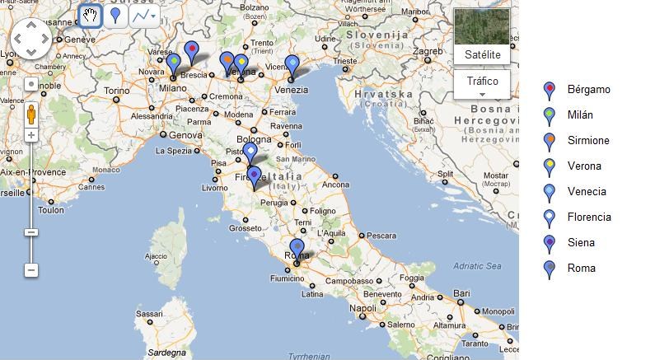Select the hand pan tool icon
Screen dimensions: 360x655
(x=91, y=15)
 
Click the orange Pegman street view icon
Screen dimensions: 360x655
(x=31, y=113)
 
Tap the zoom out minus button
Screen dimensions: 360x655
(x=31, y=269)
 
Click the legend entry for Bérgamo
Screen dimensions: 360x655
(x=588, y=89)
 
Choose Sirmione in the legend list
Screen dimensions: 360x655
(x=588, y=140)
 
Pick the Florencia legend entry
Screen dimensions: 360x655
(x=589, y=217)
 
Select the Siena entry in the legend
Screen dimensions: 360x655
(x=580, y=242)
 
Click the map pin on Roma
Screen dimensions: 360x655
(x=297, y=247)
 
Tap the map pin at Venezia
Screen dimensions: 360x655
(x=292, y=65)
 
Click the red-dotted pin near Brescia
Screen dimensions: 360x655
(x=192, y=52)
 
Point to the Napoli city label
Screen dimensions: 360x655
(x=363, y=308)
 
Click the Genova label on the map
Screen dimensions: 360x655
(x=185, y=134)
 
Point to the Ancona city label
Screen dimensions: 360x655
(x=335, y=185)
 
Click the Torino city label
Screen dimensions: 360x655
(x=116, y=91)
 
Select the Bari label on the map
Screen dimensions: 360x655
(x=461, y=292)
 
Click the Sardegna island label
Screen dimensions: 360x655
(x=166, y=352)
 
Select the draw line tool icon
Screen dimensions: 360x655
(x=143, y=15)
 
